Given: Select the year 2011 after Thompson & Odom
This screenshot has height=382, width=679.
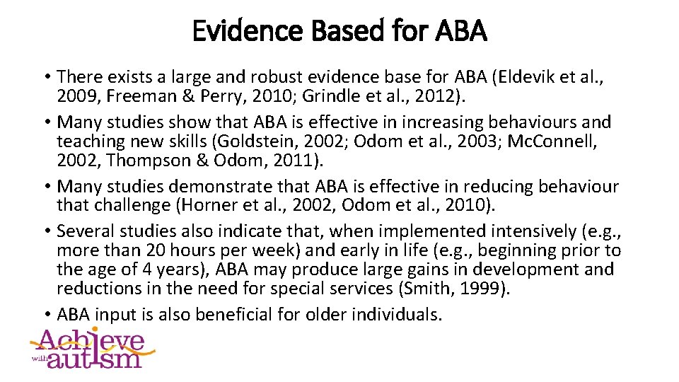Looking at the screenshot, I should pos(292,161).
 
